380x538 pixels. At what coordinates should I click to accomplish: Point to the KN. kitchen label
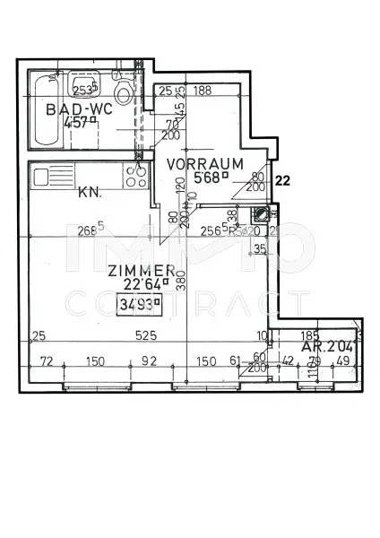(x=90, y=191)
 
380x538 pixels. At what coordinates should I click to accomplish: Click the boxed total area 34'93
(x=139, y=303)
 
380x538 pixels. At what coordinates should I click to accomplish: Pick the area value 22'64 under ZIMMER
(x=138, y=286)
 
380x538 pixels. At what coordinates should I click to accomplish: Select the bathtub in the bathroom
(x=40, y=111)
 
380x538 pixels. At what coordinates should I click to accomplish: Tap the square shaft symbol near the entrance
(x=262, y=213)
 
